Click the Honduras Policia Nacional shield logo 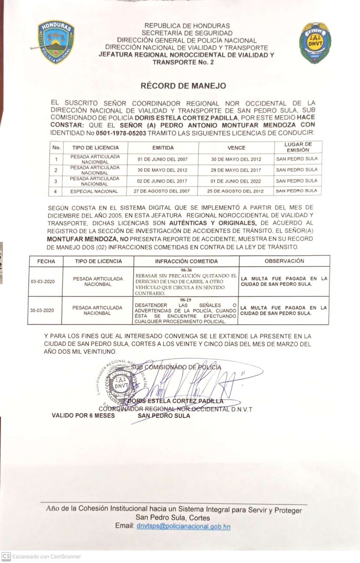click(56, 42)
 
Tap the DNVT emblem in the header click(315, 43)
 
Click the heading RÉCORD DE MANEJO click(183, 86)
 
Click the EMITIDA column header click(163, 147)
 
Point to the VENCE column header click(237, 147)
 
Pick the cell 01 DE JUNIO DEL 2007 click(163, 159)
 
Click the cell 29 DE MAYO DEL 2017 click(236, 170)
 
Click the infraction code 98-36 click(186, 270)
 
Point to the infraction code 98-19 click(186, 300)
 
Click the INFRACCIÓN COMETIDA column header click(186, 261)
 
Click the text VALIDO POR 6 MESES click(83, 415)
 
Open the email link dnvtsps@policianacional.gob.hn click(183, 526)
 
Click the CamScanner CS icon click(6, 556)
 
